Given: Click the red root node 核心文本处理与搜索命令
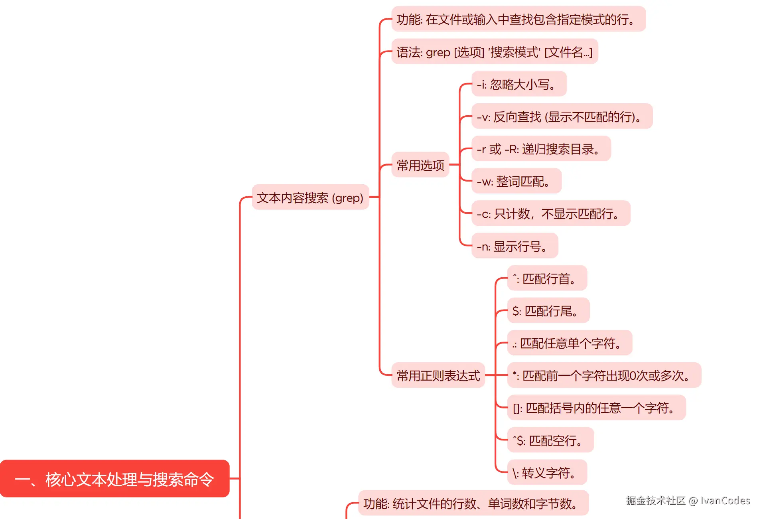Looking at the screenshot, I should (x=114, y=479).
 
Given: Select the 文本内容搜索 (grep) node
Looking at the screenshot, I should (x=310, y=197).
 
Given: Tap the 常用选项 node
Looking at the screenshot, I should (x=420, y=165).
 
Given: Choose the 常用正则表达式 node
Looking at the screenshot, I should (x=438, y=375).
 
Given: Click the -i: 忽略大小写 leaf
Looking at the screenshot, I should (x=519, y=84).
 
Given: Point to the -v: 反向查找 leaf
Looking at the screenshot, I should (x=562, y=116).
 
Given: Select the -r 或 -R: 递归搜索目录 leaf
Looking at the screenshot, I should (x=541, y=149).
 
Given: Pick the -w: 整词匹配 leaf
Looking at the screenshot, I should (x=516, y=181).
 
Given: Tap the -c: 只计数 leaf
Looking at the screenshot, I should (x=550, y=213).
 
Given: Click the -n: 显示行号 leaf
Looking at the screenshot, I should (x=515, y=246).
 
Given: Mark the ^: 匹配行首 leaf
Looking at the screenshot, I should (x=547, y=278).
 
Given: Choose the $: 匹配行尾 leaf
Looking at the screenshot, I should (x=548, y=310).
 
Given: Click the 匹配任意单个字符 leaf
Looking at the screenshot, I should (x=570, y=343).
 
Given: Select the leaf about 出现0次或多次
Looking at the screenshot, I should (x=604, y=375).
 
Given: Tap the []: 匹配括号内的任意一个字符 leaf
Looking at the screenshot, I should (x=596, y=408).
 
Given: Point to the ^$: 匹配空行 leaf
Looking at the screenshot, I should (x=550, y=440).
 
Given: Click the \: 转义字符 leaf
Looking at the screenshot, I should (x=547, y=472).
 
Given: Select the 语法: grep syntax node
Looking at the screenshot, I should (x=495, y=51).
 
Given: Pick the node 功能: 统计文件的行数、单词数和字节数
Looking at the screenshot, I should (x=473, y=503).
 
